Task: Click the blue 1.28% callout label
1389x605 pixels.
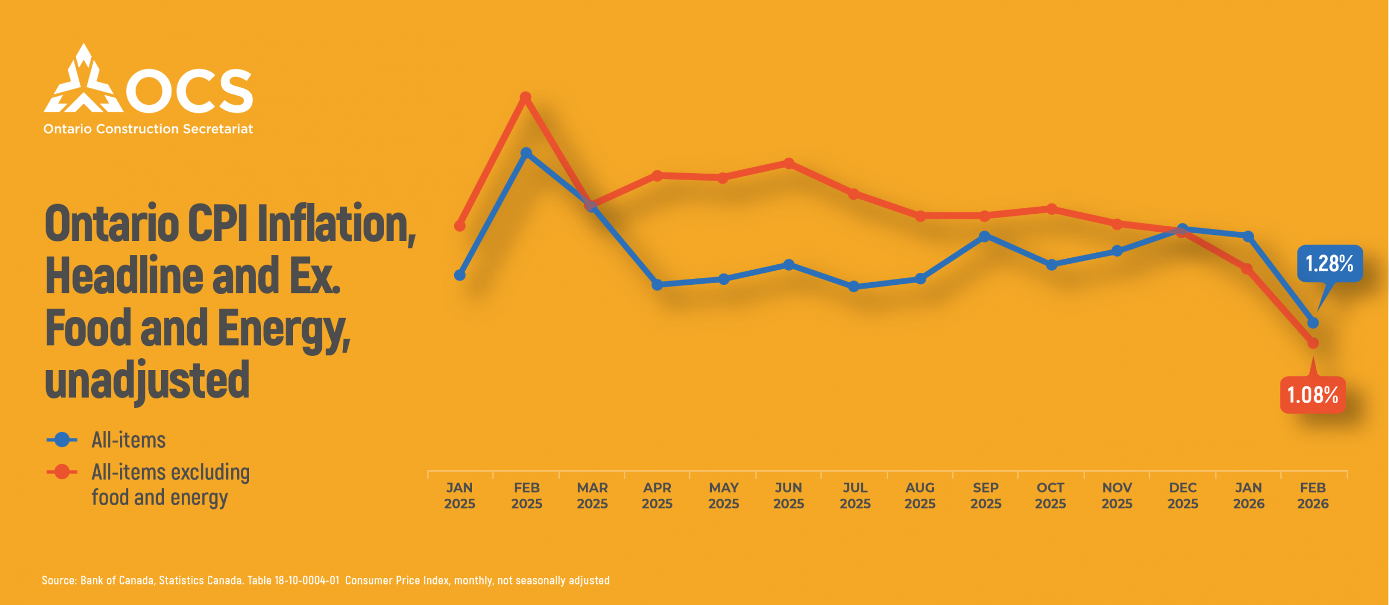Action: [1329, 264]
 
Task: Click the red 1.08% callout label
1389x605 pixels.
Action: [1312, 394]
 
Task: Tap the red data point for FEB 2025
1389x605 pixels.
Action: [525, 98]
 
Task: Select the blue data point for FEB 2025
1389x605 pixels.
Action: [526, 153]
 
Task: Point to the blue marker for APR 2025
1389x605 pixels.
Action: [657, 284]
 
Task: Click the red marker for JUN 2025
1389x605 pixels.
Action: [789, 163]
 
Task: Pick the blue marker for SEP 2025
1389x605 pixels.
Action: [985, 237]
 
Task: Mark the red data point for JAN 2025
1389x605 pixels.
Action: [460, 225]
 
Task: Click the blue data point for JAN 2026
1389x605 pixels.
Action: [1248, 237]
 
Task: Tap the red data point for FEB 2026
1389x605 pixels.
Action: [1313, 343]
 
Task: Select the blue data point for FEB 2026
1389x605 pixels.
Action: [1313, 323]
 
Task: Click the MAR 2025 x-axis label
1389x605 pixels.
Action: [592, 495]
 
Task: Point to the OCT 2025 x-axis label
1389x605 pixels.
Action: [1050, 495]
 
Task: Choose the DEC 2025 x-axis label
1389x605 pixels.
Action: [1183, 495]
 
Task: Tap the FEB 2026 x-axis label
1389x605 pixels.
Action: [1313, 495]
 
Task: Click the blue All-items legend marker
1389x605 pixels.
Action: [62, 440]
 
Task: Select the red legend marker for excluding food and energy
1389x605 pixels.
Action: [62, 472]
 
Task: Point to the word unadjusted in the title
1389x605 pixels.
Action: [147, 380]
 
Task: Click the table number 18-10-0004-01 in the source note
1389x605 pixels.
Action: [307, 580]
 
